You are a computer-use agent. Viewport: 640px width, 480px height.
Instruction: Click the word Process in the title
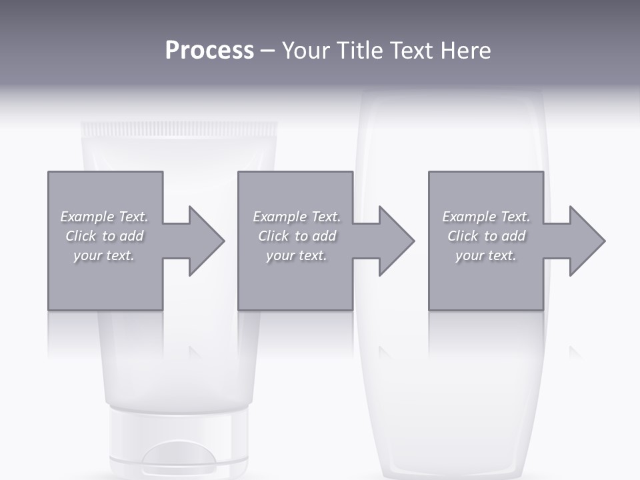(x=209, y=51)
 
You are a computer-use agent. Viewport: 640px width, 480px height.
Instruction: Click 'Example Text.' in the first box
(x=105, y=217)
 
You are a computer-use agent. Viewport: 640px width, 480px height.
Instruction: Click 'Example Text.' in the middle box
(x=297, y=217)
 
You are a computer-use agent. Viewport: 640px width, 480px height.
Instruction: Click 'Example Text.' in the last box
(x=486, y=217)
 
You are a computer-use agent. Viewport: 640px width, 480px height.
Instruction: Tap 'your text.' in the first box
(x=104, y=255)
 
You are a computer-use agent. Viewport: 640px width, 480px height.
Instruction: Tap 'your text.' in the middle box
(x=297, y=255)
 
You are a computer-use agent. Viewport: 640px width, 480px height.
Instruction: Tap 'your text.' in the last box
(x=486, y=255)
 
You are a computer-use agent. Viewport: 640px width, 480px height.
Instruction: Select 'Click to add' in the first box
(x=105, y=236)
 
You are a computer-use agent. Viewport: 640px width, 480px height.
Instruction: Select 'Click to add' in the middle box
(x=297, y=236)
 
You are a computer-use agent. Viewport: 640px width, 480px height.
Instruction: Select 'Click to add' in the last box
(x=486, y=236)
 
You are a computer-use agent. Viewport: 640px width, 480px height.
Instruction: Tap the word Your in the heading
(x=306, y=51)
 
